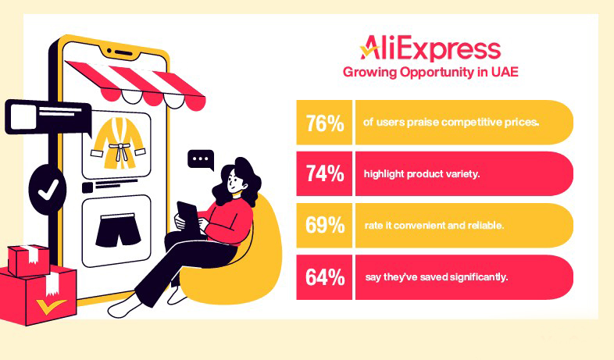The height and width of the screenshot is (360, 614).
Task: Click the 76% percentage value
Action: pos(325,123)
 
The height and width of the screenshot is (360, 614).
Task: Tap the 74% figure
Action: pos(325,174)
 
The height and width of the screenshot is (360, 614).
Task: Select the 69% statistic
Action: pos(325,226)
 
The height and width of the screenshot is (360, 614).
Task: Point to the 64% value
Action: pos(325,277)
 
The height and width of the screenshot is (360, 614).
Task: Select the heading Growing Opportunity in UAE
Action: pos(431,73)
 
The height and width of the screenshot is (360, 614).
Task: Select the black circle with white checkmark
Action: pos(48,188)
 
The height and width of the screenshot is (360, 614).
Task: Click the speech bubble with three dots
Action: pos(201,160)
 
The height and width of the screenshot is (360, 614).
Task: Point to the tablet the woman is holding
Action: pos(187,215)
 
